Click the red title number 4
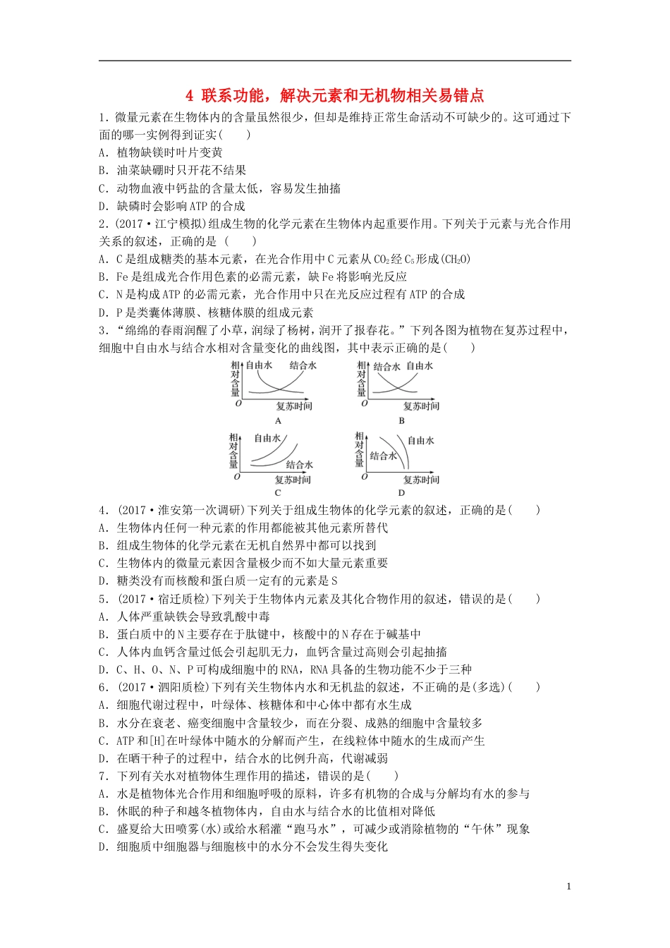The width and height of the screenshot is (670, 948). (x=189, y=95)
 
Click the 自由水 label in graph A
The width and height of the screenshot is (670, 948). (x=258, y=365)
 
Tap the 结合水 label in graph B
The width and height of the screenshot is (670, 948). (x=386, y=367)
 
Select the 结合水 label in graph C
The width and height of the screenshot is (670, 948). (x=299, y=465)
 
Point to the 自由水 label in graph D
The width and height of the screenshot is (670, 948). (x=420, y=441)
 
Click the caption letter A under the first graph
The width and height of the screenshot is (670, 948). (x=277, y=421)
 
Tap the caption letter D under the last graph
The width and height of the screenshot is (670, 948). (x=401, y=493)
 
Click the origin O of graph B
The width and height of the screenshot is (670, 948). (x=364, y=403)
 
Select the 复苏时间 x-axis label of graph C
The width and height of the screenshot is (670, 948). (x=293, y=480)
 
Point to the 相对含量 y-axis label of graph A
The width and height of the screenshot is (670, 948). (x=235, y=379)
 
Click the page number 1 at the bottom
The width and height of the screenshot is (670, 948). (x=569, y=887)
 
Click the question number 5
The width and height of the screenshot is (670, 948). (x=103, y=599)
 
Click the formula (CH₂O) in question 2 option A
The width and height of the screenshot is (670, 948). (x=456, y=260)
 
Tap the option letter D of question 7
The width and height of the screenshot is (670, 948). (x=103, y=847)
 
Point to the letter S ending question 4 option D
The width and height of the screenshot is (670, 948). (x=334, y=581)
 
